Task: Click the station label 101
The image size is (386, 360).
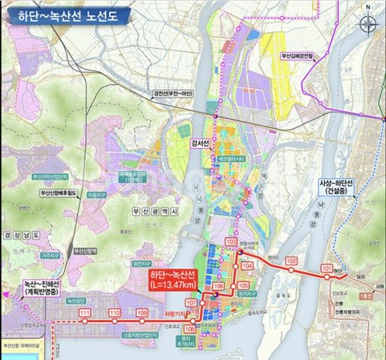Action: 326,269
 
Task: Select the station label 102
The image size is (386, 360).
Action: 292,261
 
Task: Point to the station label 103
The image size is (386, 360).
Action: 231,242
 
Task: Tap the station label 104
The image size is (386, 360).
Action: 246,266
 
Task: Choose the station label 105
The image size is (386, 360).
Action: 244,287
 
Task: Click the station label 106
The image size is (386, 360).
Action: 218,287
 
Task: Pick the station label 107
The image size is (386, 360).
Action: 192,302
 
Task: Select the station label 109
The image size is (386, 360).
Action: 142,313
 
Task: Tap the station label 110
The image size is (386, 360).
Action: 114,313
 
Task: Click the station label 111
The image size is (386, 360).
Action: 85,313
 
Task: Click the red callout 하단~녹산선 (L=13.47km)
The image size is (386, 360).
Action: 172,278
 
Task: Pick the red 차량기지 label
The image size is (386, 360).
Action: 174,315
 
